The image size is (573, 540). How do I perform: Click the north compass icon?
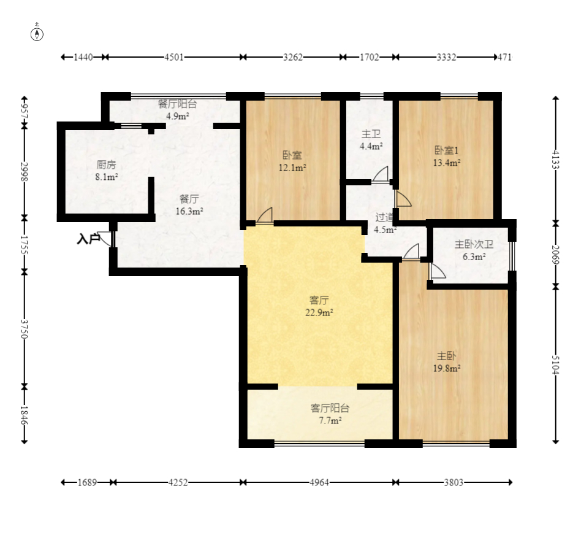tap(37, 33)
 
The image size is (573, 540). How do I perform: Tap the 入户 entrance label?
tap(88, 239)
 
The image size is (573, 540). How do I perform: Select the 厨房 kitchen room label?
tap(107, 164)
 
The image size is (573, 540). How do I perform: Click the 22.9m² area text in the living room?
tap(320, 312)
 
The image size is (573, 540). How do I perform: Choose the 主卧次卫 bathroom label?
tap(474, 244)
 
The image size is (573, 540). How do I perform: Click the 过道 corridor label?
tap(385, 217)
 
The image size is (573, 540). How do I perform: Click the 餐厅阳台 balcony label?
tap(177, 103)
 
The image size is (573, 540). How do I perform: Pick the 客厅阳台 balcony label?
tap(330, 408)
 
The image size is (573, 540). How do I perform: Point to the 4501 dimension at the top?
tap(174, 57)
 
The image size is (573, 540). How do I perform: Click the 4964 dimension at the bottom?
tap(319, 482)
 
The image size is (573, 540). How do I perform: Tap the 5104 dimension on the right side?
tap(555, 364)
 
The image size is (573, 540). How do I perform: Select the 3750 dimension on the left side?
tap(25, 328)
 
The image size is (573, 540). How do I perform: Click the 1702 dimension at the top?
tap(369, 57)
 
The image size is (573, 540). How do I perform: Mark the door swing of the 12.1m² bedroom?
tap(265, 215)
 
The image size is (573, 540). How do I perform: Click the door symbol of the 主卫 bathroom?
tap(381, 174)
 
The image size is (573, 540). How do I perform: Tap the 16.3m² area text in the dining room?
tap(189, 210)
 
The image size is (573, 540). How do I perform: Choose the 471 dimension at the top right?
tap(504, 57)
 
